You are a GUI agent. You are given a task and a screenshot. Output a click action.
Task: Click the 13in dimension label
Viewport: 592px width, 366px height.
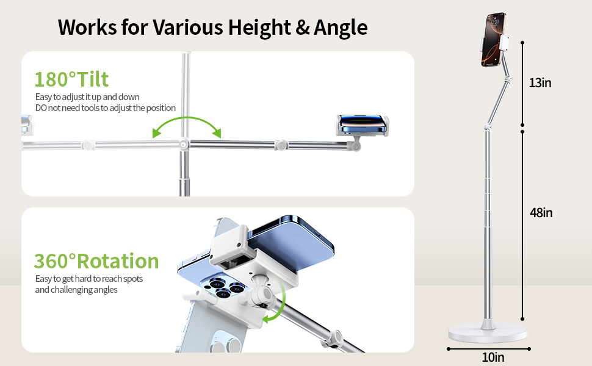point(540,83)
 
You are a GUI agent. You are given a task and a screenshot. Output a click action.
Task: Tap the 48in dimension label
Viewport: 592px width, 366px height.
point(541,213)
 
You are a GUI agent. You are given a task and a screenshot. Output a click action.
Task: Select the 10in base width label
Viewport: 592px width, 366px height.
point(493,357)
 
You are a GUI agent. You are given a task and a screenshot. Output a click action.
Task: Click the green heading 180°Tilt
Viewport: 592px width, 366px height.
point(71,79)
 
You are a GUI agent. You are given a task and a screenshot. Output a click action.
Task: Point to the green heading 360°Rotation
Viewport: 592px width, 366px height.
point(96,261)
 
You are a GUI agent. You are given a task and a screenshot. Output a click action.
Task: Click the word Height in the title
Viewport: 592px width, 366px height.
point(248,27)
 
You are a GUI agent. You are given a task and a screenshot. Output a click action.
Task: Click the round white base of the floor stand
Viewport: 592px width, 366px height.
point(488,333)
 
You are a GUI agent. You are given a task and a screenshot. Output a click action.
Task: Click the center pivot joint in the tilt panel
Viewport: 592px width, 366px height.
point(183,145)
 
